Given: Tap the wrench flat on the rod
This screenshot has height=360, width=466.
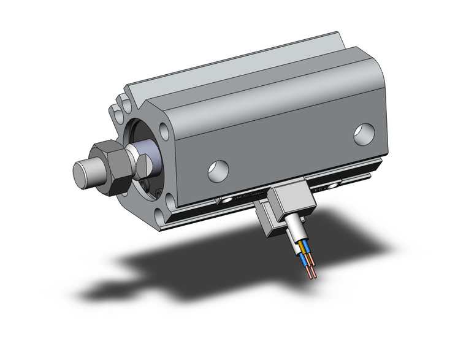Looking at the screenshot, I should tap(142, 166).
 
